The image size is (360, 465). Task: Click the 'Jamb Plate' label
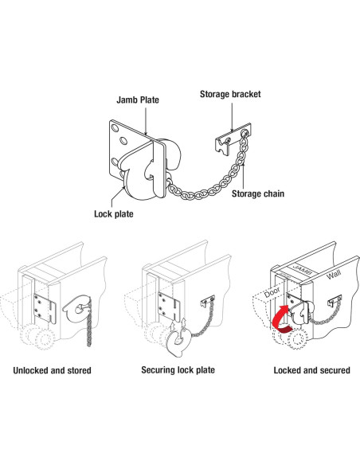[x=138, y=100]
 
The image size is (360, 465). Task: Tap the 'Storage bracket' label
[x=230, y=94]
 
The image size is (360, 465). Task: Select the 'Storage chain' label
[x=258, y=193]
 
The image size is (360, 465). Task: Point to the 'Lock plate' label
[x=114, y=214]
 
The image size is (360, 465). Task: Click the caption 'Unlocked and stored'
[x=53, y=370]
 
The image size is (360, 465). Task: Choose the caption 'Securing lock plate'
[x=178, y=370]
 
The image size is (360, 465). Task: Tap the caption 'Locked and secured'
[x=312, y=370]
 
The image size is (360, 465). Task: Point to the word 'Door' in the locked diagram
[x=272, y=293]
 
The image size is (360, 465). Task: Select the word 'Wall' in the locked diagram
[x=334, y=275]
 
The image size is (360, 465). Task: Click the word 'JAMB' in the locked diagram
[x=302, y=269]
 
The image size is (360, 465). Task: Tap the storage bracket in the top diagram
[x=233, y=139]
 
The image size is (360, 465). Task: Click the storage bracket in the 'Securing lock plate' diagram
[x=208, y=301]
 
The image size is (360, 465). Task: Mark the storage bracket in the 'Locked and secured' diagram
[x=335, y=301]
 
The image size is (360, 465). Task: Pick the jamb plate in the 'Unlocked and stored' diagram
[x=45, y=309]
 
